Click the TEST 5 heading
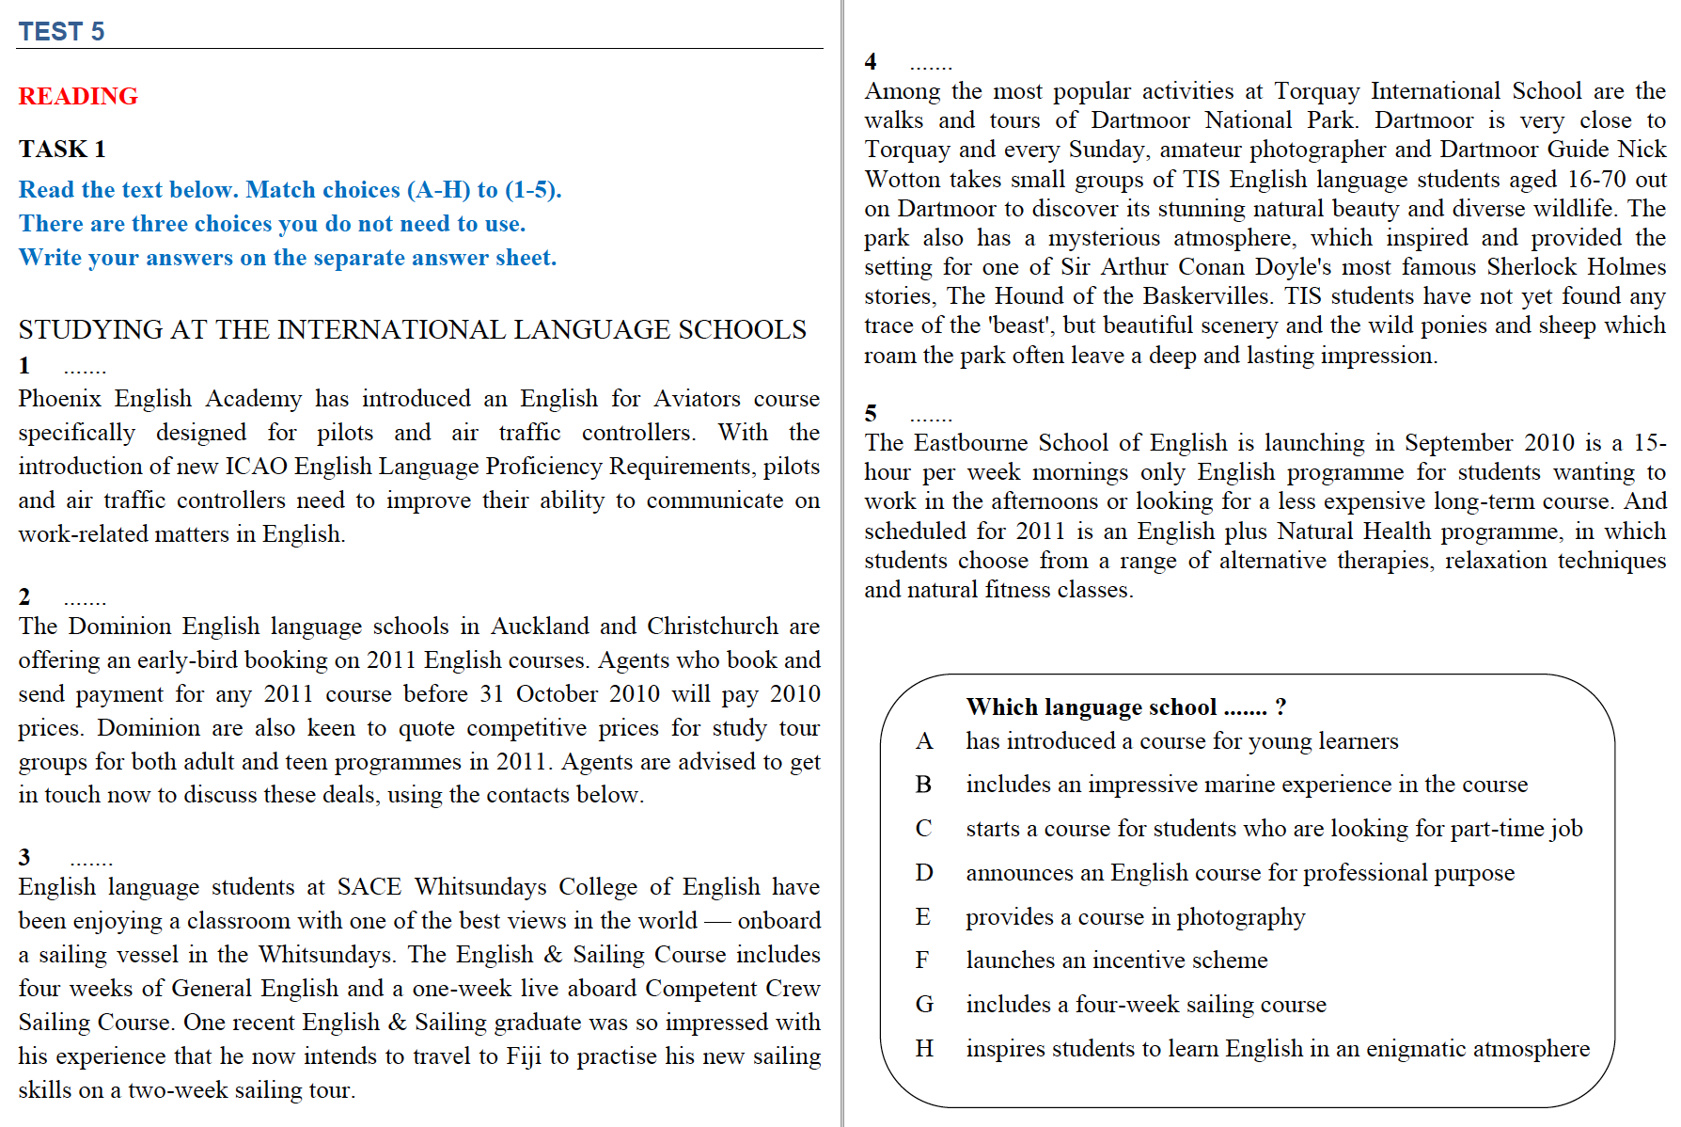pos(61,32)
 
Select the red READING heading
pos(78,96)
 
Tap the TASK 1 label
pos(62,150)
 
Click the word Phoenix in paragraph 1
pos(58,399)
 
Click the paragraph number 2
pos(24,596)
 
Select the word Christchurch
pos(712,627)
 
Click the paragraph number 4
pos(871,61)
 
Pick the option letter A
pos(924,741)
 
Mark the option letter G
pos(924,1005)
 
